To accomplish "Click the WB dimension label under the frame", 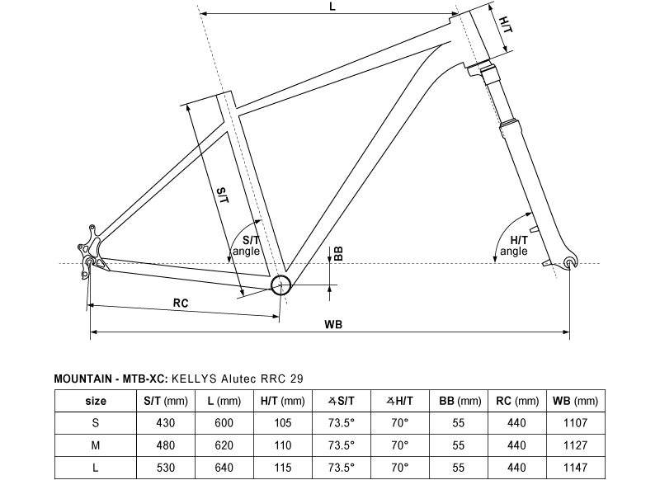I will (333, 325).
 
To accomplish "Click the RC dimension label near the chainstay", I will (181, 304).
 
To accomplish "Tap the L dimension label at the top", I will (332, 7).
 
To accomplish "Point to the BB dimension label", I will (338, 254).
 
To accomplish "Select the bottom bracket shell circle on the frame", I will (281, 285).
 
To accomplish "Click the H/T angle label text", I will (513, 245).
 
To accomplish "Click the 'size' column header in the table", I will (96, 402).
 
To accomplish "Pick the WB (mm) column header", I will (575, 402).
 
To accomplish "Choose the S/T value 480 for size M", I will (166, 445).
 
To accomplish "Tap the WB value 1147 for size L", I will (575, 466).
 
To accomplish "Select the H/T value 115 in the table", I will (282, 466).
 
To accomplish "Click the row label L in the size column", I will (96, 466).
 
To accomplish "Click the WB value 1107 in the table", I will (575, 423).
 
